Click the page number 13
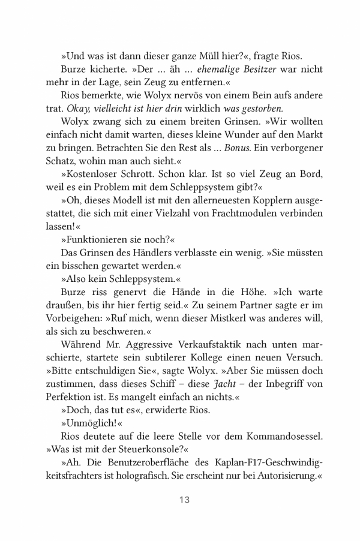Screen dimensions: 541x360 pyautogui.click(x=184, y=500)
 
